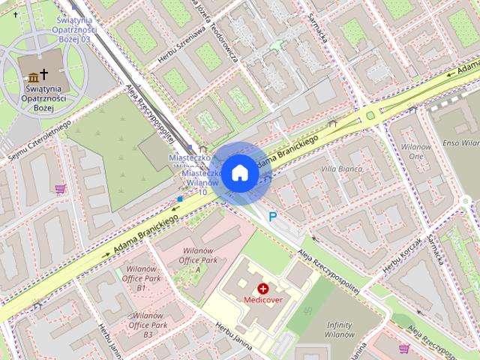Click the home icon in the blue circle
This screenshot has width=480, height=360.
[x=238, y=173]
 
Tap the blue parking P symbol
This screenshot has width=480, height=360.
[x=273, y=217]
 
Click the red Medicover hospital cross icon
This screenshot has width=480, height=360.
[x=263, y=288]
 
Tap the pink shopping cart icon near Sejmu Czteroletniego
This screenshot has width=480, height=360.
[x=60, y=188]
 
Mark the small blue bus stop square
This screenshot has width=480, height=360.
[x=180, y=199]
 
